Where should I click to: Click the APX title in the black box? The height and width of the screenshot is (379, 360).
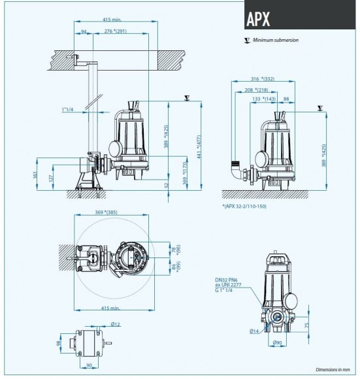(x=259, y=18)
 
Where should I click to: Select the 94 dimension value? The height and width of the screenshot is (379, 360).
(x=84, y=31)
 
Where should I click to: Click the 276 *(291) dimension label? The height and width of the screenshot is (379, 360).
(x=124, y=31)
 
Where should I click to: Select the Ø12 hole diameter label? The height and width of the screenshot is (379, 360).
(x=115, y=325)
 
